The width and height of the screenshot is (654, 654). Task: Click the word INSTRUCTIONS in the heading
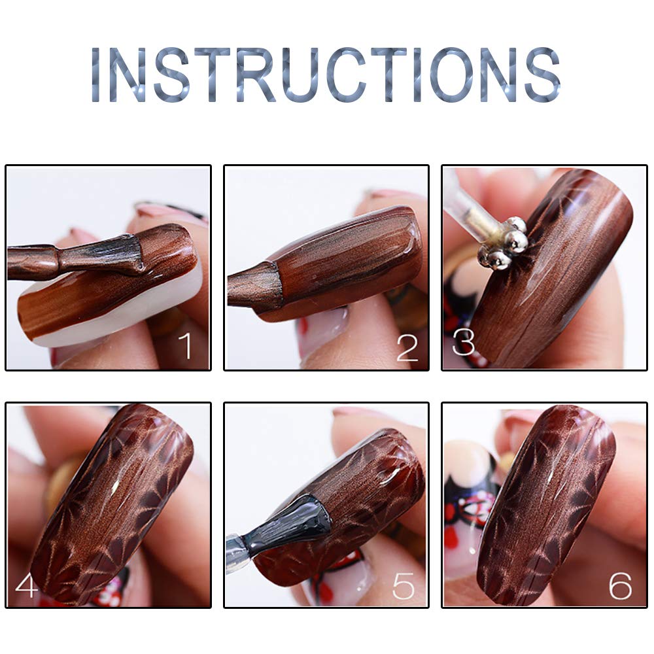click(x=326, y=75)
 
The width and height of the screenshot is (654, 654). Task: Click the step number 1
click(x=185, y=345)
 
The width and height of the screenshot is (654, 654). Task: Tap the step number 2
click(x=407, y=347)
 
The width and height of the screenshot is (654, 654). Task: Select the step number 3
click(x=464, y=343)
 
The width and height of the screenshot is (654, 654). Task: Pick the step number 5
click(x=404, y=585)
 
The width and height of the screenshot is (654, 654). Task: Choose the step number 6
click(x=620, y=585)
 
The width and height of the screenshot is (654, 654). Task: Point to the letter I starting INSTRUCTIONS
click(x=95, y=75)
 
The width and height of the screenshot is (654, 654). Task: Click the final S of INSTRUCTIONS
click(x=543, y=75)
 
